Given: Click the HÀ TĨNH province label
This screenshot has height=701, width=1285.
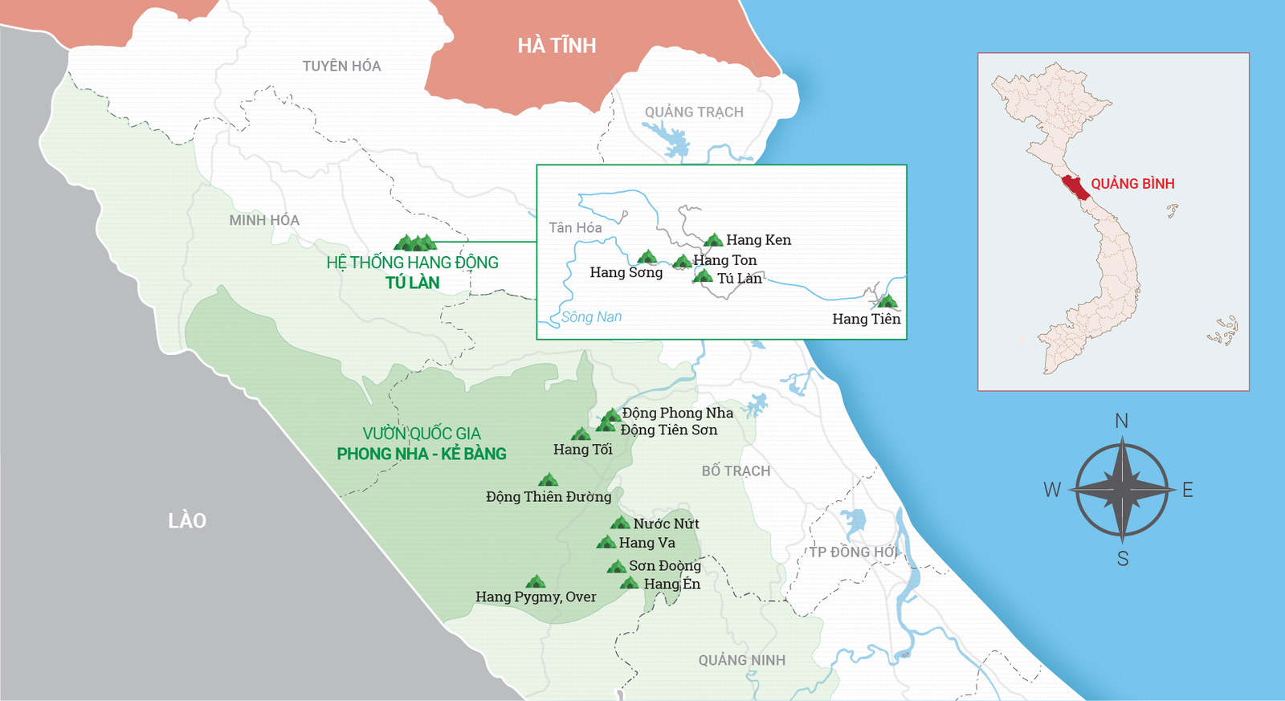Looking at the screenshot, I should pyautogui.click(x=557, y=46).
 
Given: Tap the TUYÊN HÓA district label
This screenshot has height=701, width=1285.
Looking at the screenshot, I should pyautogui.click(x=341, y=66).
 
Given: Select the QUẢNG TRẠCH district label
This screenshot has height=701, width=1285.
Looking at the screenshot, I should pyautogui.click(x=694, y=112).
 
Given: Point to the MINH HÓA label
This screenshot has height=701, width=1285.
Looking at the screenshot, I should pyautogui.click(x=264, y=220).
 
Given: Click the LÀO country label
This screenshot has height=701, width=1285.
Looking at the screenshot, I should pyautogui.click(x=187, y=521).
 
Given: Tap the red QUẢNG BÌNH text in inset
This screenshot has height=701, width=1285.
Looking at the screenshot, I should pyautogui.click(x=1132, y=184).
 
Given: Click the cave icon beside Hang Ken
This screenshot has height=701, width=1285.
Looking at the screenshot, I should pyautogui.click(x=713, y=240).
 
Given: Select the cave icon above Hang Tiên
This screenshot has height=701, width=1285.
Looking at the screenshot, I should pyautogui.click(x=887, y=302).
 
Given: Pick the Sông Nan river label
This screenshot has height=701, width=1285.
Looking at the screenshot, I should pyautogui.click(x=591, y=317).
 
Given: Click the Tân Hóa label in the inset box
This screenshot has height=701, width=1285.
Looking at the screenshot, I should pyautogui.click(x=575, y=228).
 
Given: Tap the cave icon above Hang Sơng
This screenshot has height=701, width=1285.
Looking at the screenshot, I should pyautogui.click(x=647, y=257).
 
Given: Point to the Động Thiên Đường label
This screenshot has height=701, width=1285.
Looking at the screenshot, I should pyautogui.click(x=549, y=497).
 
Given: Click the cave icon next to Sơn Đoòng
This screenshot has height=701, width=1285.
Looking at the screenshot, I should pyautogui.click(x=617, y=566).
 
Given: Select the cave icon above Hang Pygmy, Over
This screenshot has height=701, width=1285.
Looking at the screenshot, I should pyautogui.click(x=536, y=581).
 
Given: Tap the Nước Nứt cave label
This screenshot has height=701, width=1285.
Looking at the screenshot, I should pyautogui.click(x=666, y=524).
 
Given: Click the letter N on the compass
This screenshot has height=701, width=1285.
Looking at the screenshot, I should pyautogui.click(x=1122, y=421).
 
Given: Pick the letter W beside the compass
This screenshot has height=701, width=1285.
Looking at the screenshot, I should pyautogui.click(x=1052, y=490).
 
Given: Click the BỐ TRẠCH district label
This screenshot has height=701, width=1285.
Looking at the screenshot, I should pyautogui.click(x=736, y=471).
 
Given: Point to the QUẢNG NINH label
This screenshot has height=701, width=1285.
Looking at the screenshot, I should pyautogui.click(x=741, y=660).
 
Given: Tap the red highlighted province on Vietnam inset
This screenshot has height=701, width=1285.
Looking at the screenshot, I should pyautogui.click(x=1074, y=187).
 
